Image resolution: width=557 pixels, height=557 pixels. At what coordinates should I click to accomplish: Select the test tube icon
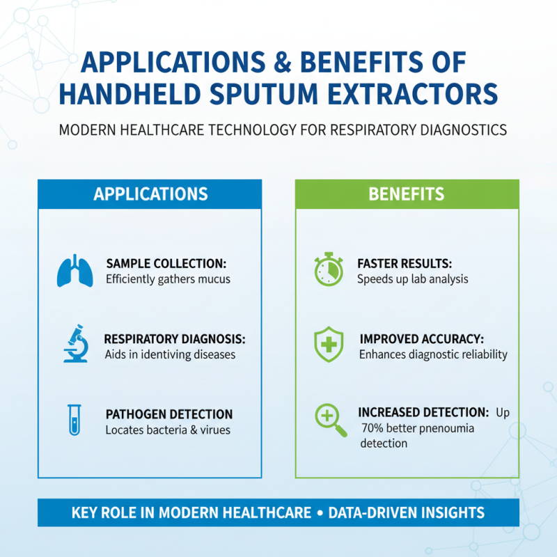point(74,420)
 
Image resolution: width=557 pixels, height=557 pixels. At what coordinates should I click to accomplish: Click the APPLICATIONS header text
point(150,194)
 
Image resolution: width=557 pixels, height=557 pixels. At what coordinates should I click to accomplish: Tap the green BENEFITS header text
point(407,194)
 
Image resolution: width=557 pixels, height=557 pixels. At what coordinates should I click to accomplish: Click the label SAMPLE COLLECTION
point(166,264)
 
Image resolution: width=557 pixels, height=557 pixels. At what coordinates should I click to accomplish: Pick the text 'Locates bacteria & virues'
point(168,430)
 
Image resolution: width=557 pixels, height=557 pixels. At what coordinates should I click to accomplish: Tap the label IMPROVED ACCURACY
point(422,339)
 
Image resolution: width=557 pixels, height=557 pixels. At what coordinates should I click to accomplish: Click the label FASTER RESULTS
point(405,264)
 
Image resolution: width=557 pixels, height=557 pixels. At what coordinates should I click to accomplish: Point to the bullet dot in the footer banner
point(320,513)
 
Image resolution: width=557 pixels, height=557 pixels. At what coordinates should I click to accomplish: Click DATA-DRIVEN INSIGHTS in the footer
point(406,513)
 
